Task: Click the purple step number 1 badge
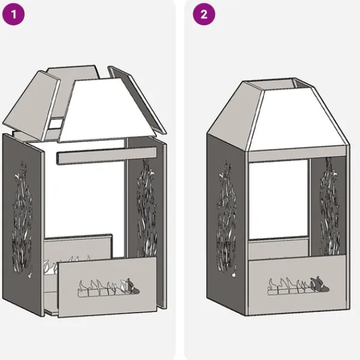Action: tap(13, 14)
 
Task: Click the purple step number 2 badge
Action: tap(204, 14)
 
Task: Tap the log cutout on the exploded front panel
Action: tap(109, 288)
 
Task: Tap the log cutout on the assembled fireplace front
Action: tap(298, 286)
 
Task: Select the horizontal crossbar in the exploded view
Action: tap(107, 156)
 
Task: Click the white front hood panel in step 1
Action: tap(107, 110)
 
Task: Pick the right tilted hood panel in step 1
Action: tap(137, 99)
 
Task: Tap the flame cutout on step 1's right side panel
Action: tap(147, 208)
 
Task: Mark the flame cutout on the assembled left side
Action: tap(226, 218)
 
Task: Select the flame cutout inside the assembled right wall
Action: tap(330, 206)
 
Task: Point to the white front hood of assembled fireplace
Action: tap(298, 119)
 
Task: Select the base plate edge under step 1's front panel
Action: tap(52, 311)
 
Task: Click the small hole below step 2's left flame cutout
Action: tap(233, 275)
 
